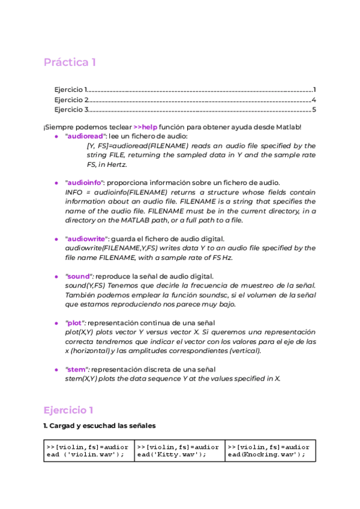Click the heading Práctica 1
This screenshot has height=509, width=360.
click(x=70, y=62)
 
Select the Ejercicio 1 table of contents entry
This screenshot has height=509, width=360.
click(x=71, y=89)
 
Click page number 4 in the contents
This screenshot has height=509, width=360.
click(x=313, y=100)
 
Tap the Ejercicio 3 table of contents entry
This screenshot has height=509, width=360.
click(x=71, y=110)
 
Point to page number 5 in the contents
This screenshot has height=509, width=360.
click(x=313, y=110)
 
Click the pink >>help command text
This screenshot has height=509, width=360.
click(x=145, y=127)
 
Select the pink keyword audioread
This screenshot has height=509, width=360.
click(x=85, y=137)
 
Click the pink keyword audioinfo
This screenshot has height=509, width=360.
click(x=85, y=182)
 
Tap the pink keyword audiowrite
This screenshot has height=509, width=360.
click(x=86, y=239)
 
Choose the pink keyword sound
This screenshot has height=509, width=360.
click(x=78, y=276)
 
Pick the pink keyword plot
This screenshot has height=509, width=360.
click(x=76, y=323)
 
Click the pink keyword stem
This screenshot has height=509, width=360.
click(x=77, y=369)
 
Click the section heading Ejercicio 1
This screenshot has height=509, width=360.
click(x=68, y=411)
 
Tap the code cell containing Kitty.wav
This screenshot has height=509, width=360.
click(x=179, y=451)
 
